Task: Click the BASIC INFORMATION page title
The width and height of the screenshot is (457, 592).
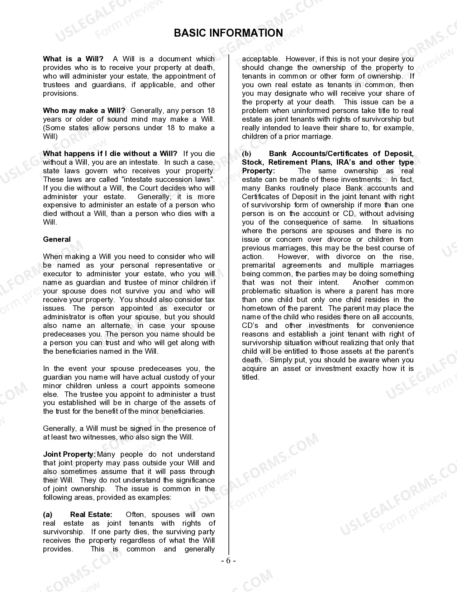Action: tap(228, 33)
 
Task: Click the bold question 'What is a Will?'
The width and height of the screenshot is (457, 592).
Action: tap(73, 59)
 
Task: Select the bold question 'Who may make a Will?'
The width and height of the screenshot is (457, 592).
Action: tap(84, 111)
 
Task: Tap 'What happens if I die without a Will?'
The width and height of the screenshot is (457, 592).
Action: tap(110, 154)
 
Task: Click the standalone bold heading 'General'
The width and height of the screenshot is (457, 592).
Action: tap(57, 239)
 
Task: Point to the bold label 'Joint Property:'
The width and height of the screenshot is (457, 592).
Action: tap(69, 454)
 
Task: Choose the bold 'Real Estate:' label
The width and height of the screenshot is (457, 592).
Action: tap(91, 515)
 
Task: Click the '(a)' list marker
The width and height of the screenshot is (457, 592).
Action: tap(48, 515)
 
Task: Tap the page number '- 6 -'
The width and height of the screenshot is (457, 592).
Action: tap(228, 561)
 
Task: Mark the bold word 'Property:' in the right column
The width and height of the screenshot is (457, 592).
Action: tap(258, 171)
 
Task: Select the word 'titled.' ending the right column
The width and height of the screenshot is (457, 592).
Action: tap(251, 377)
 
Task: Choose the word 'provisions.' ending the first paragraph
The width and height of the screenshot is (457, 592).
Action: tap(61, 93)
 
